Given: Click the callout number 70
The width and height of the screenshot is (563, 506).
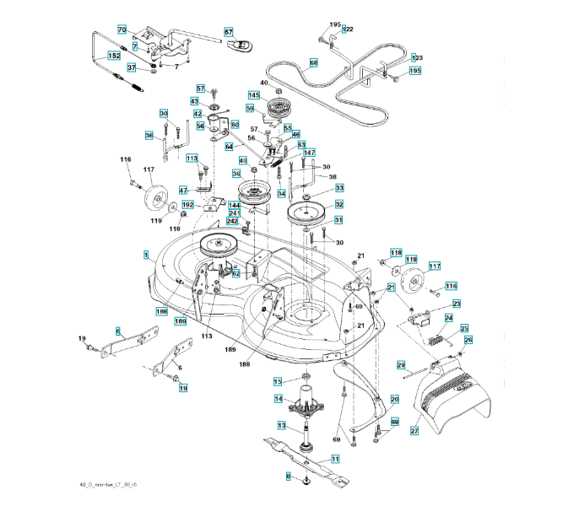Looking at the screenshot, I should [122, 30].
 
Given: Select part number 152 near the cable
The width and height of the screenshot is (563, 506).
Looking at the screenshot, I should [113, 56].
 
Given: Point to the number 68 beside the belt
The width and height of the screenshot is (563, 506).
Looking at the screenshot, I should [313, 62].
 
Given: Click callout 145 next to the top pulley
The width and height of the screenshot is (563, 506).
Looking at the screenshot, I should [254, 94].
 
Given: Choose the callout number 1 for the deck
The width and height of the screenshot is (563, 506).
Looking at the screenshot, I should [146, 254].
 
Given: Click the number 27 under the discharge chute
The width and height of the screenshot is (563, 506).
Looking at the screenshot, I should [414, 431].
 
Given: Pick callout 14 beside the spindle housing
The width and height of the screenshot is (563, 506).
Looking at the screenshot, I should [278, 398].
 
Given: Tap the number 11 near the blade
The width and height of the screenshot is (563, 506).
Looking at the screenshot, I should [335, 459].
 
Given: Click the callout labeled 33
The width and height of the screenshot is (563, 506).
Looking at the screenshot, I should [339, 188].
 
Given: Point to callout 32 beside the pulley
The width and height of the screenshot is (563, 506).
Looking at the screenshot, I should [338, 204].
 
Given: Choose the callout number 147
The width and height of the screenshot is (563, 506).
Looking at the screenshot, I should [309, 153].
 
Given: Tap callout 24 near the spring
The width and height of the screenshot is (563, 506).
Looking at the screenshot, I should [449, 318].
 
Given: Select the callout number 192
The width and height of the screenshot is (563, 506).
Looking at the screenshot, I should [188, 205].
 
